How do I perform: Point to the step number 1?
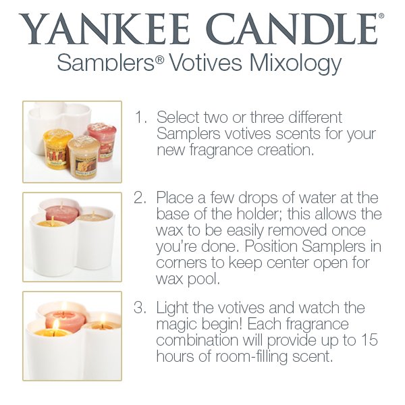(140, 117)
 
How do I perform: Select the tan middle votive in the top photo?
(84, 156)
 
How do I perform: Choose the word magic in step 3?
(178, 324)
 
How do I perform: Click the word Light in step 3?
(171, 308)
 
